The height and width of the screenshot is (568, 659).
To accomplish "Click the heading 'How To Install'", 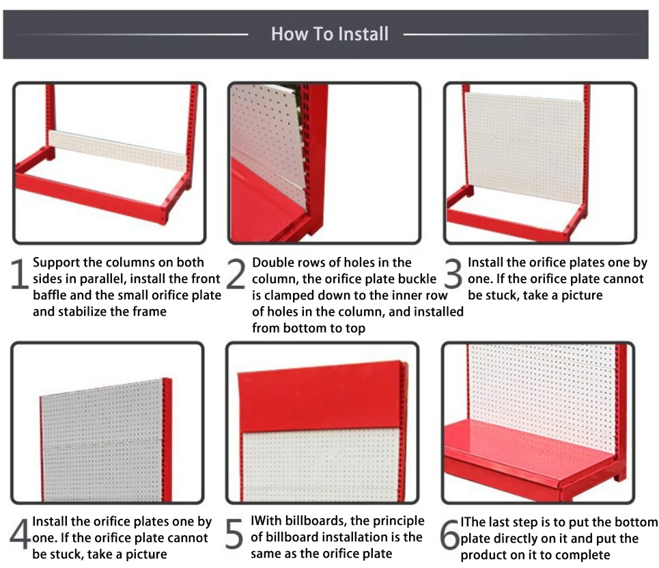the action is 329,34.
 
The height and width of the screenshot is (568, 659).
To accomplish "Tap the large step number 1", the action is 19,274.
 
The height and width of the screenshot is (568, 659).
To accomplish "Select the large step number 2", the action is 236,274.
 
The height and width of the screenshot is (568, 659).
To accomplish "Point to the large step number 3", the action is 453,274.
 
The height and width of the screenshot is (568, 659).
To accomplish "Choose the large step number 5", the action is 234,534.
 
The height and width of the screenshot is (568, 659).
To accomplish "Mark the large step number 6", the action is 450,535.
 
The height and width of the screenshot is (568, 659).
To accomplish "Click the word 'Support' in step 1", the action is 56,263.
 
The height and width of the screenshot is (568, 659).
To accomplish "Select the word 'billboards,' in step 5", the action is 316,521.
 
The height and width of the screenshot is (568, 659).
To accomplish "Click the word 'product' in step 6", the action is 483,556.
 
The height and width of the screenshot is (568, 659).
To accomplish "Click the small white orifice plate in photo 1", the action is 117,150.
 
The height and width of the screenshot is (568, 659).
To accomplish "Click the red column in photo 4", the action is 167,439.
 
